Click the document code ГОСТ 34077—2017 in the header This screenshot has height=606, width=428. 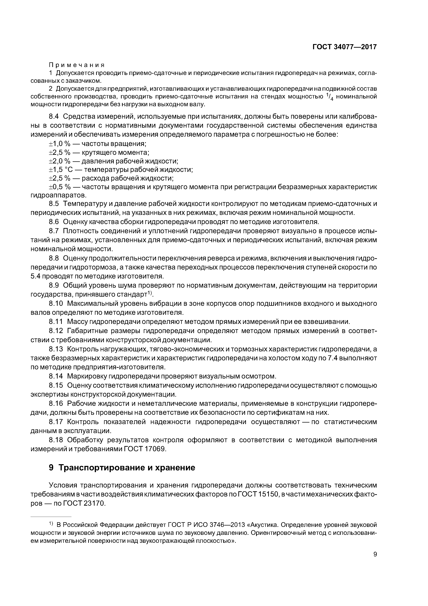pyautogui.click(x=344, y=47)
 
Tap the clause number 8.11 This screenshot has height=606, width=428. pyautogui.click(x=56, y=322)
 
